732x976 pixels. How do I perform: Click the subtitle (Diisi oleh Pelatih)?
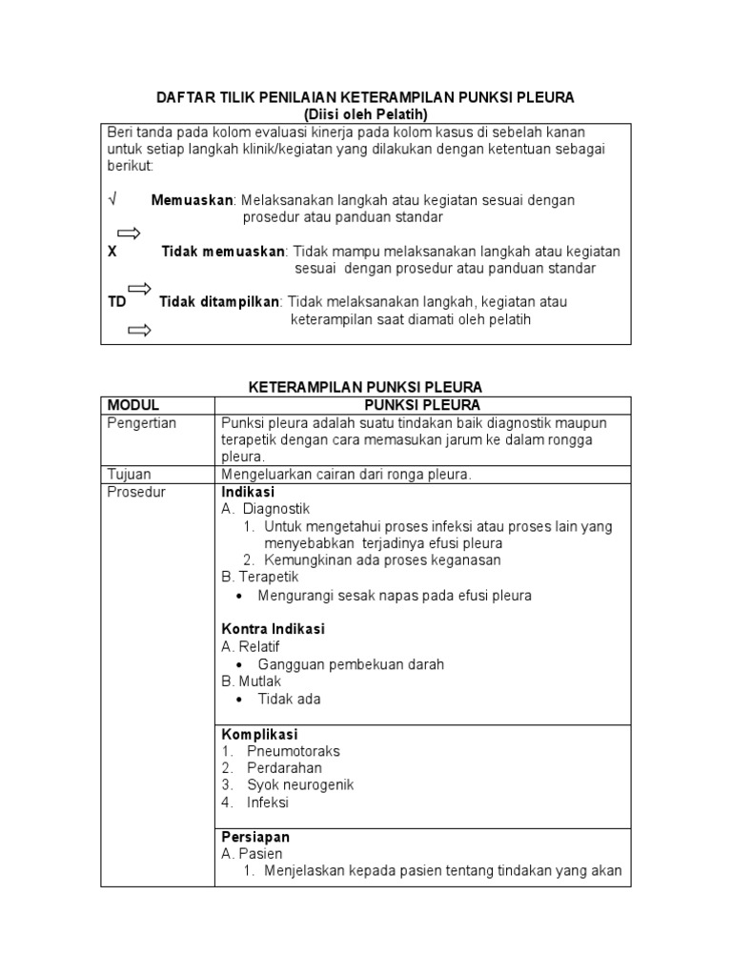tap(366, 114)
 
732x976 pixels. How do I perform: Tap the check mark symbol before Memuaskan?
tap(112, 200)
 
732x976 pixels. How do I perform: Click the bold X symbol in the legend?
tap(112, 252)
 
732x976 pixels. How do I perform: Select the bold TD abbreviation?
tap(116, 302)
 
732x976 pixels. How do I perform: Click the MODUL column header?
tap(132, 405)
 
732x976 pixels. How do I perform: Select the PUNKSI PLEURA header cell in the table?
tap(422, 405)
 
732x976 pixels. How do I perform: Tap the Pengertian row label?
tap(142, 422)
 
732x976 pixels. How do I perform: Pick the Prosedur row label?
tap(136, 492)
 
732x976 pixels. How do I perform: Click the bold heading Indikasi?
tap(248, 492)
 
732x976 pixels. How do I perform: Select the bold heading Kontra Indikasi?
tap(274, 629)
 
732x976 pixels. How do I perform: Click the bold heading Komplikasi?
tap(259, 734)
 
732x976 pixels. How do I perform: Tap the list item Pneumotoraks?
tap(293, 751)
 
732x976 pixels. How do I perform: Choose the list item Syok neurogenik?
tap(300, 785)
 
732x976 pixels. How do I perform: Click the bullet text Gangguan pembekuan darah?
tap(351, 664)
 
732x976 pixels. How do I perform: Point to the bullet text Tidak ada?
tap(289, 699)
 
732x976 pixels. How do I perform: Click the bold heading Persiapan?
tap(255, 837)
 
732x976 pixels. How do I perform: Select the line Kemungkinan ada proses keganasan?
tap(382, 560)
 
